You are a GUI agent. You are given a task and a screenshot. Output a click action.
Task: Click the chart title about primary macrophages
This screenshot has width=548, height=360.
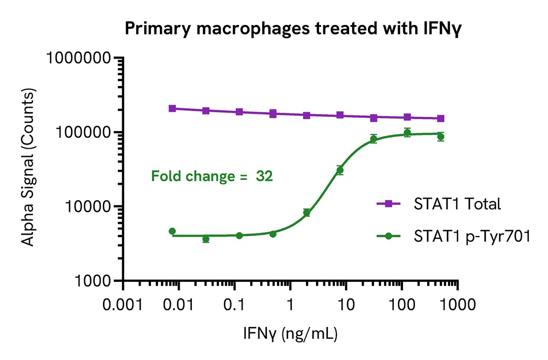pyautogui.click(x=274, y=29)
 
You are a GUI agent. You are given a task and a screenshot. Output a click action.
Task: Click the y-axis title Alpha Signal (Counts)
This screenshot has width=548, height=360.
pyautogui.click(x=29, y=168)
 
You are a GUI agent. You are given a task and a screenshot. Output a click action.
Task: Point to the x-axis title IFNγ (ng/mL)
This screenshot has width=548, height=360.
pyautogui.click(x=291, y=334)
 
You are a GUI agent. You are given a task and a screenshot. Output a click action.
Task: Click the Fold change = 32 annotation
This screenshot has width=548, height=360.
pyautogui.click(x=212, y=177)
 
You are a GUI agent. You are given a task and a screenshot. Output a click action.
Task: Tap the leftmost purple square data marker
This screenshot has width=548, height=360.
pyautogui.click(x=173, y=108)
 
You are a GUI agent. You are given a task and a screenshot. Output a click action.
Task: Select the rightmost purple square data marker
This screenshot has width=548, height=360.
pyautogui.click(x=441, y=118)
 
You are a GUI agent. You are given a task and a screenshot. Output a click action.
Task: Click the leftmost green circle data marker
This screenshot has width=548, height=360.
pyautogui.click(x=173, y=231)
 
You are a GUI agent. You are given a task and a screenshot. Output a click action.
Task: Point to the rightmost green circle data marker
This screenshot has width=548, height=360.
pyautogui.click(x=441, y=137)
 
